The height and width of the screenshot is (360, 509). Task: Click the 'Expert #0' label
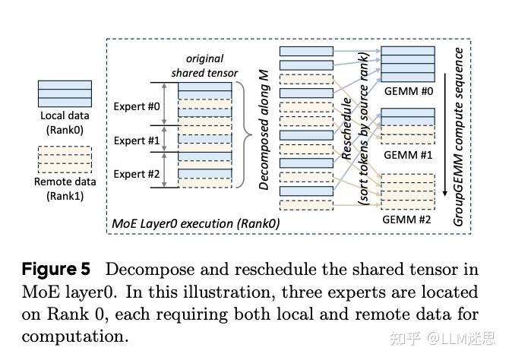tap(136, 106)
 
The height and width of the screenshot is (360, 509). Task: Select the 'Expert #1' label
tap(136, 141)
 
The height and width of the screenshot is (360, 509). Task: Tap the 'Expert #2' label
tap(136, 174)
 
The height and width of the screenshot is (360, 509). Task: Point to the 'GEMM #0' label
tap(407, 90)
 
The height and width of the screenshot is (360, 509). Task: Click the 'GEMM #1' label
tap(407, 154)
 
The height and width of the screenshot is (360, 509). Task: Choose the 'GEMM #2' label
tap(407, 219)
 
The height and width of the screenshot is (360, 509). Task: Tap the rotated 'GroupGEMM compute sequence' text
tap(459, 137)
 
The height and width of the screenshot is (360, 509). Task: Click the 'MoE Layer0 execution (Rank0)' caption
tap(195, 223)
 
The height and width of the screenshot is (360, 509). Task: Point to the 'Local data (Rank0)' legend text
tap(65, 123)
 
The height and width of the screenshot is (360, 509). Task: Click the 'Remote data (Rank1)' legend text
tap(65, 188)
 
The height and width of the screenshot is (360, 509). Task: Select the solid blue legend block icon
tap(65, 93)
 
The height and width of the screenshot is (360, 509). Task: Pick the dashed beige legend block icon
tap(65, 159)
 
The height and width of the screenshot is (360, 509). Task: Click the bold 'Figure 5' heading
tap(56, 270)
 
